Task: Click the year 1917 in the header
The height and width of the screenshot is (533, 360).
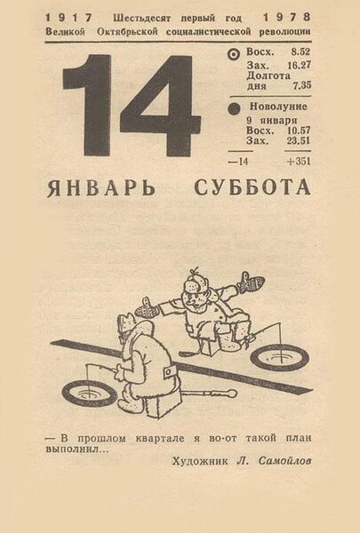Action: coord(68,18)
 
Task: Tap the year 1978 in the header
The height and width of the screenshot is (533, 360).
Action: coord(287,17)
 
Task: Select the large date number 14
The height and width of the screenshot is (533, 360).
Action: coord(132,106)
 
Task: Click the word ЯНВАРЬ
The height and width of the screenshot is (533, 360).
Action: coord(101,188)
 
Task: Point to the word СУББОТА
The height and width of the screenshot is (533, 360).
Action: coord(252,187)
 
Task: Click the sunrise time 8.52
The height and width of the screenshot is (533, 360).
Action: coord(300,52)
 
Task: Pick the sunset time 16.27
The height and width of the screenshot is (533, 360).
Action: coord(299,65)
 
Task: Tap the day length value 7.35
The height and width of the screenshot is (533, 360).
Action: coord(302,85)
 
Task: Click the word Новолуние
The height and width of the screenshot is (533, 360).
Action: coord(278,107)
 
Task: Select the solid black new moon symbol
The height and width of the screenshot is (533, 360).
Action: coord(234,108)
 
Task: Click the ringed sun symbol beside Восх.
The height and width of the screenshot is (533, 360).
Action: coord(234,54)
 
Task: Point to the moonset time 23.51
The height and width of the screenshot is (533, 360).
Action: coord(298,140)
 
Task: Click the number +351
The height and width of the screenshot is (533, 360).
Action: coord(299,161)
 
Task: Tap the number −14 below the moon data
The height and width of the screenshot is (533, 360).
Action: coord(238,162)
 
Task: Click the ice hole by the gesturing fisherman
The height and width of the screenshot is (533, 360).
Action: coord(280,357)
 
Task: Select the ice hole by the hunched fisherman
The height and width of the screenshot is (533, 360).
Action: coord(90,394)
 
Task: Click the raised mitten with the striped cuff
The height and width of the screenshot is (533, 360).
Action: coord(252,282)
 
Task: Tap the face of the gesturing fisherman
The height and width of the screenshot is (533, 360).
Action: coord(192,298)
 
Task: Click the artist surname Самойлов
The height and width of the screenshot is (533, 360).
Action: coord(284,461)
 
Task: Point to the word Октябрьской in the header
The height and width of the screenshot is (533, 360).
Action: coord(127,32)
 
